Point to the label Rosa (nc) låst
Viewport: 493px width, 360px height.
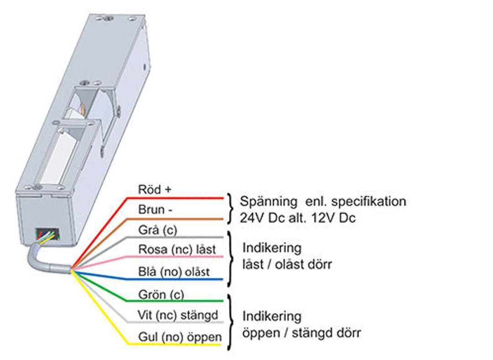coord(177,249)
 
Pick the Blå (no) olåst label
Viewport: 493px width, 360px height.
coord(174,271)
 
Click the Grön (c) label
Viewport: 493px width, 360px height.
coord(161,294)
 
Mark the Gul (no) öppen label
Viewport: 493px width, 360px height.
coord(180,337)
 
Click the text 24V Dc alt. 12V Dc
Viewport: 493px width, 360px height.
coord(298,218)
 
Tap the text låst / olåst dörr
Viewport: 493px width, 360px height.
coord(287,265)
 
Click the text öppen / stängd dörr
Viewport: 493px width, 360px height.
coord(301,333)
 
